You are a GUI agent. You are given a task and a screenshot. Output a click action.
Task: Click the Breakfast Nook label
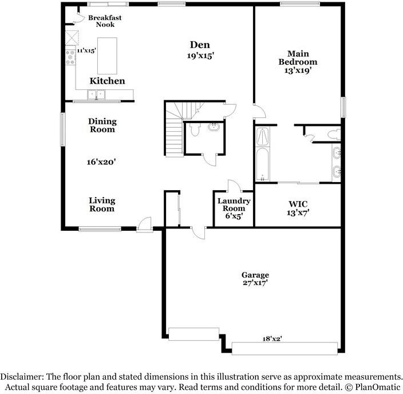tap(105, 21)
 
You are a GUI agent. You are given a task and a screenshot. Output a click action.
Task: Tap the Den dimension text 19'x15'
tap(200, 56)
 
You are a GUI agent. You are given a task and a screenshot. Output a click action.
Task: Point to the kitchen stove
tap(70, 57)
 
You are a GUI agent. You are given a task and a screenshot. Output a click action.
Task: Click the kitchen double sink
tap(96, 94)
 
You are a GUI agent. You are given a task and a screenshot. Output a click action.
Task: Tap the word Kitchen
tap(107, 81)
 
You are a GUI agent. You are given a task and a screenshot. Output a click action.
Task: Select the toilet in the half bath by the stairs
tap(194, 131)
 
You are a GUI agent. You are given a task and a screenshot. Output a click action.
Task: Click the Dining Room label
tap(102, 125)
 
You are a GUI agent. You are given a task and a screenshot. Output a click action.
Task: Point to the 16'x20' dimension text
tap(101, 162)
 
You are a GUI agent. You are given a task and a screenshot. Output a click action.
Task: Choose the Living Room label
tap(102, 204)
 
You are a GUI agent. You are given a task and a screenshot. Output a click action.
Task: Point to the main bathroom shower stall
tap(263, 136)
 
